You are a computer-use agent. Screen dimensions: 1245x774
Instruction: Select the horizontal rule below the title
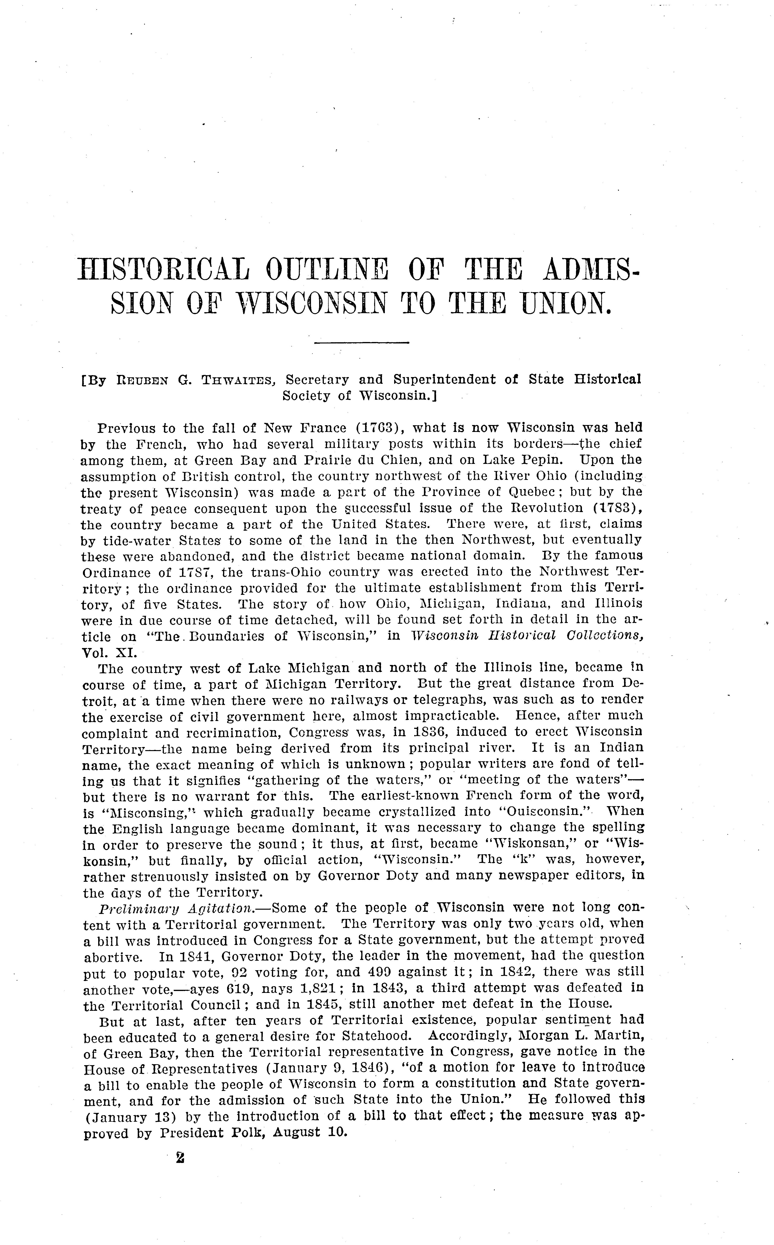[361, 342]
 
